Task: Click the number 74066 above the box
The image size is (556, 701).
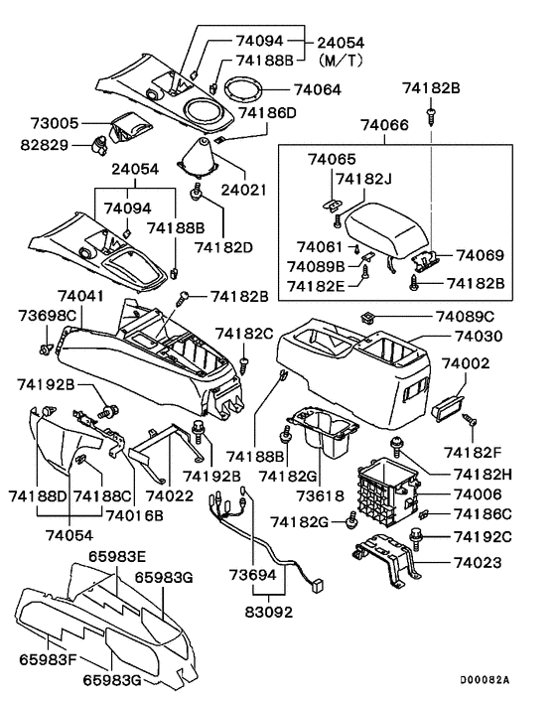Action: click(x=387, y=126)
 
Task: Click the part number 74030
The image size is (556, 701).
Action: click(x=479, y=338)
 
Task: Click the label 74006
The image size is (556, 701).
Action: click(x=480, y=493)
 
